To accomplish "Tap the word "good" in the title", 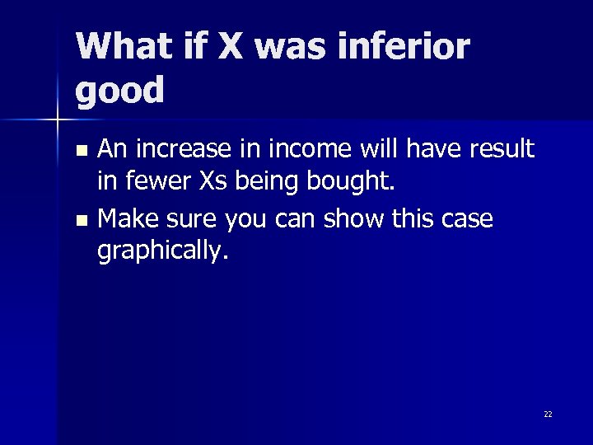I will click(x=120, y=91).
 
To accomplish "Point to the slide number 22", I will click(x=548, y=414).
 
